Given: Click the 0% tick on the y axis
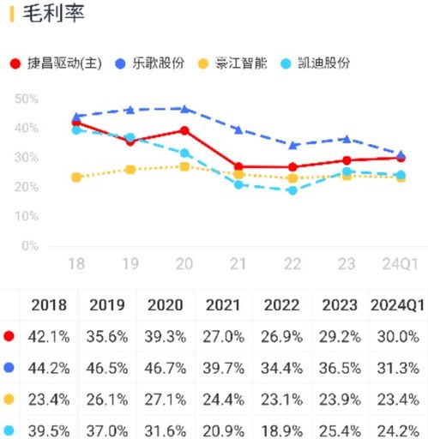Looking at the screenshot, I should tap(30, 246).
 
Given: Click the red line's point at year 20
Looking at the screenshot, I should tap(184, 130).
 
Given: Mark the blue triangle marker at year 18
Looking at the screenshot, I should tap(76, 117).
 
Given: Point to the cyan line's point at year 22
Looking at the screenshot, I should tap(292, 190).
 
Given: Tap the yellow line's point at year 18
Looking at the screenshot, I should tap(76, 177).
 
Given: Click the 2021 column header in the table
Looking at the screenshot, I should tap(223, 305).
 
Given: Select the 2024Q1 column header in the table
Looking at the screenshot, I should tap(398, 305).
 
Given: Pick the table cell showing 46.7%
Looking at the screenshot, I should tap(166, 368).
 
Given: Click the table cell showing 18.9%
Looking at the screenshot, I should tap(281, 430).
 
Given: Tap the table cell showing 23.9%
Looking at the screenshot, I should tap(340, 399).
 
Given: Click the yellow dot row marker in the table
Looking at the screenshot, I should tap(9, 399).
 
